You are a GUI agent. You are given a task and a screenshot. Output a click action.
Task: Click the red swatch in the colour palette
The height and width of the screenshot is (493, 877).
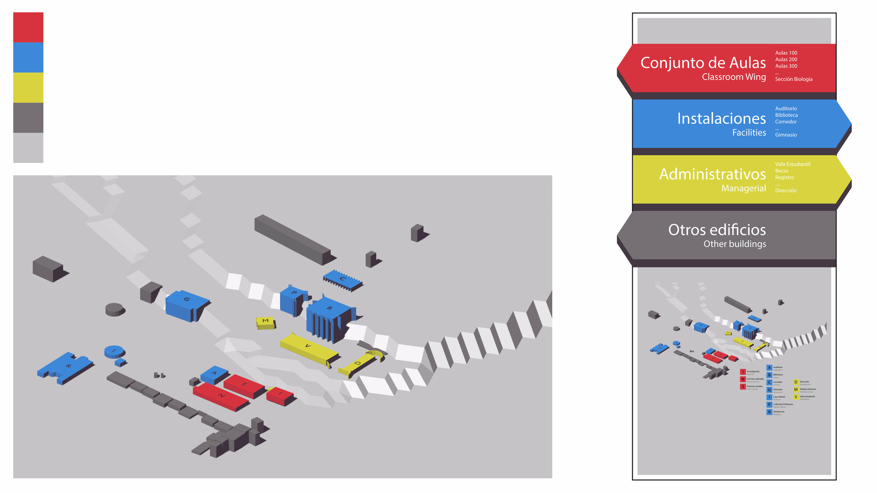(28, 27)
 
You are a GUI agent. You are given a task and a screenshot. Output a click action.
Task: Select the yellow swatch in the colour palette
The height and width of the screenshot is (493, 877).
(28, 88)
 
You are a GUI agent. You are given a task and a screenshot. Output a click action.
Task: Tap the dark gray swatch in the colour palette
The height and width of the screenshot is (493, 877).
(28, 118)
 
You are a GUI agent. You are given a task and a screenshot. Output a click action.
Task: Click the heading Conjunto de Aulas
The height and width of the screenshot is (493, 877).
(703, 63)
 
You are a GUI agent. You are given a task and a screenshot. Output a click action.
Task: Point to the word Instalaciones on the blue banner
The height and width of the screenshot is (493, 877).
(721, 118)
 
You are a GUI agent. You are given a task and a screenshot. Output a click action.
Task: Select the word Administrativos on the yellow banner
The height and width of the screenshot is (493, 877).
(712, 174)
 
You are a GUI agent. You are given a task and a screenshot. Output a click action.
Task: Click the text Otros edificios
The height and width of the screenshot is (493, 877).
(717, 230)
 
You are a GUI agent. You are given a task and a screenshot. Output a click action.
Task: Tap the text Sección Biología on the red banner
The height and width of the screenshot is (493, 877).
(793, 79)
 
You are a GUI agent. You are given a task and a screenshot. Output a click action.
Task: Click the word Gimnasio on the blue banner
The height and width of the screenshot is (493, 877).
(786, 135)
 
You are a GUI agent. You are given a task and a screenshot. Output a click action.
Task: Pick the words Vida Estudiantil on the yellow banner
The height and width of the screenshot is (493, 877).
(792, 164)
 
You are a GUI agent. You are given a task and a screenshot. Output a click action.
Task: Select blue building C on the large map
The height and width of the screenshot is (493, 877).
(342, 279)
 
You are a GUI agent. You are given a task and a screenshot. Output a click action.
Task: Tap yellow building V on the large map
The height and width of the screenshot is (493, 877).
(307, 348)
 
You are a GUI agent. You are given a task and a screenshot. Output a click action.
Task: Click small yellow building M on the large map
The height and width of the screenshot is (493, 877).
(265, 322)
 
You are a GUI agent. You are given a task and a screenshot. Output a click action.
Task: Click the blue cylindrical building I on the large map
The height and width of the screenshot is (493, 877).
(114, 351)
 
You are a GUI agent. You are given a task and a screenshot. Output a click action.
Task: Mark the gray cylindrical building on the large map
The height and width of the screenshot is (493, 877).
(114, 309)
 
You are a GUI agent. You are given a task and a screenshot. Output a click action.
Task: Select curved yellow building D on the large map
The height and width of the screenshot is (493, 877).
(359, 364)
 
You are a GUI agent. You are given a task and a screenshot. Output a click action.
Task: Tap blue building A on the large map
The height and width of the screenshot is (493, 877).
(214, 374)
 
